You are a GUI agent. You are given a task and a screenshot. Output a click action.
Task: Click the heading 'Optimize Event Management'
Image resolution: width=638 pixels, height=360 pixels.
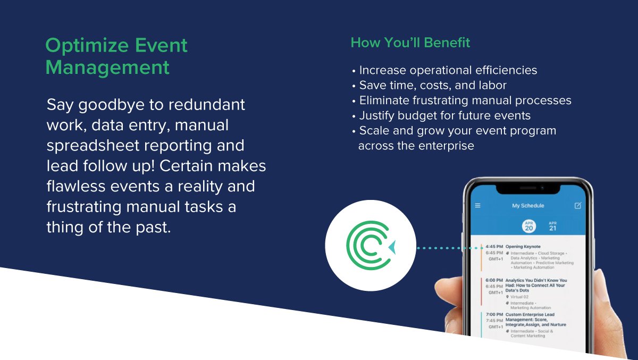click(116, 56)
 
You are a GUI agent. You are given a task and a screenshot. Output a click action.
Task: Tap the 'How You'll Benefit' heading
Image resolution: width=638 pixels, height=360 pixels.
click(410, 43)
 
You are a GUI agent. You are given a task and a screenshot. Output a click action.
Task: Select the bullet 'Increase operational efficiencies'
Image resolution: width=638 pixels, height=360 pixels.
click(448, 70)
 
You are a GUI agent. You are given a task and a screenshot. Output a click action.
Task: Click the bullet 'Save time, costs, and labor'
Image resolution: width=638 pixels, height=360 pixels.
click(432, 85)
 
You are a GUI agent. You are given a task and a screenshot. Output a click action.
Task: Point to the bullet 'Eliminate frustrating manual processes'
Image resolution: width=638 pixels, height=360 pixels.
click(465, 101)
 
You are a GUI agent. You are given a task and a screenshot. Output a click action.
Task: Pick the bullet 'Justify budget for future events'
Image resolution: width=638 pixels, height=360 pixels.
click(444, 115)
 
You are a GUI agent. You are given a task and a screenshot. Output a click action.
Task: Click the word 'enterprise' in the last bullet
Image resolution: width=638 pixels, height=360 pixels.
click(446, 146)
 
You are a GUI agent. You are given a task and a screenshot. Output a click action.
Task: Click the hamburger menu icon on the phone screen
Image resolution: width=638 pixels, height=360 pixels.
click(477, 206)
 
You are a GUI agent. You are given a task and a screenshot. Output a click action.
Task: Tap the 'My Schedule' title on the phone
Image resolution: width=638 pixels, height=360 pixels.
click(528, 206)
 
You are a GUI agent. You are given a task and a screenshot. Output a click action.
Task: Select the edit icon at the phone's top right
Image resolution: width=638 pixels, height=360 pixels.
click(578, 206)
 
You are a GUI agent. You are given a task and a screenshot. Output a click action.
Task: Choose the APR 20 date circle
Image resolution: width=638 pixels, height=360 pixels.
click(528, 226)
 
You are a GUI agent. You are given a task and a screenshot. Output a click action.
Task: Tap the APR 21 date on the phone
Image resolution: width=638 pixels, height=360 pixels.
click(552, 226)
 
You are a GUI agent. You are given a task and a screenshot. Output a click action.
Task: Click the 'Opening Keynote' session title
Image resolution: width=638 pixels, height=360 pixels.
click(523, 247)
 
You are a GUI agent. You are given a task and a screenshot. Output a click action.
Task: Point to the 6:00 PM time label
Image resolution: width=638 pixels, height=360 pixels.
click(494, 280)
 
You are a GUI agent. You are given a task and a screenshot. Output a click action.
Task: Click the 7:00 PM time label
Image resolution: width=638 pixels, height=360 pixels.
click(494, 314)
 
